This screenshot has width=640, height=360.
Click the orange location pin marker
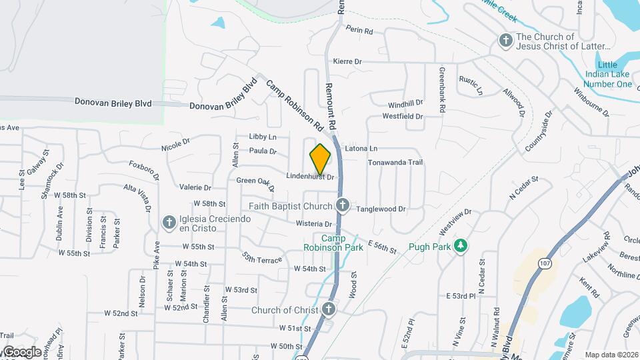pyautogui.click(x=321, y=159)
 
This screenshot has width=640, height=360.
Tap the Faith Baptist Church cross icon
pyautogui.click(x=342, y=205)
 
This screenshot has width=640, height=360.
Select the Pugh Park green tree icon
pyautogui.click(x=460, y=247)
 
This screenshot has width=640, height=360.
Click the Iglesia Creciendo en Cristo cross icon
pyautogui.click(x=169, y=221)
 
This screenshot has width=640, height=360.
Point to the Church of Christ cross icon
pyautogui.click(x=328, y=309)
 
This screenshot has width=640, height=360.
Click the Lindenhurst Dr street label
pyautogui.click(x=310, y=177)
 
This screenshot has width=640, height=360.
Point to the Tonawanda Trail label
pyautogui.click(x=396, y=163)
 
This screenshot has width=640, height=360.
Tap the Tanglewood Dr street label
pyautogui.click(x=381, y=209)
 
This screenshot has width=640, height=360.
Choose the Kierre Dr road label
pyautogui.click(x=347, y=61)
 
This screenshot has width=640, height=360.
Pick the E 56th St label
pyautogui.click(x=381, y=248)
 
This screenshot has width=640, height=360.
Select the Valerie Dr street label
pyautogui.click(x=195, y=188)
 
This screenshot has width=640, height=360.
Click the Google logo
pyautogui.click(x=21, y=351)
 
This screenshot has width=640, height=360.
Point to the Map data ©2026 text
pyautogui.click(x=611, y=355)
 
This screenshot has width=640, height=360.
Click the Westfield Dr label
pyautogui.click(x=403, y=116)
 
